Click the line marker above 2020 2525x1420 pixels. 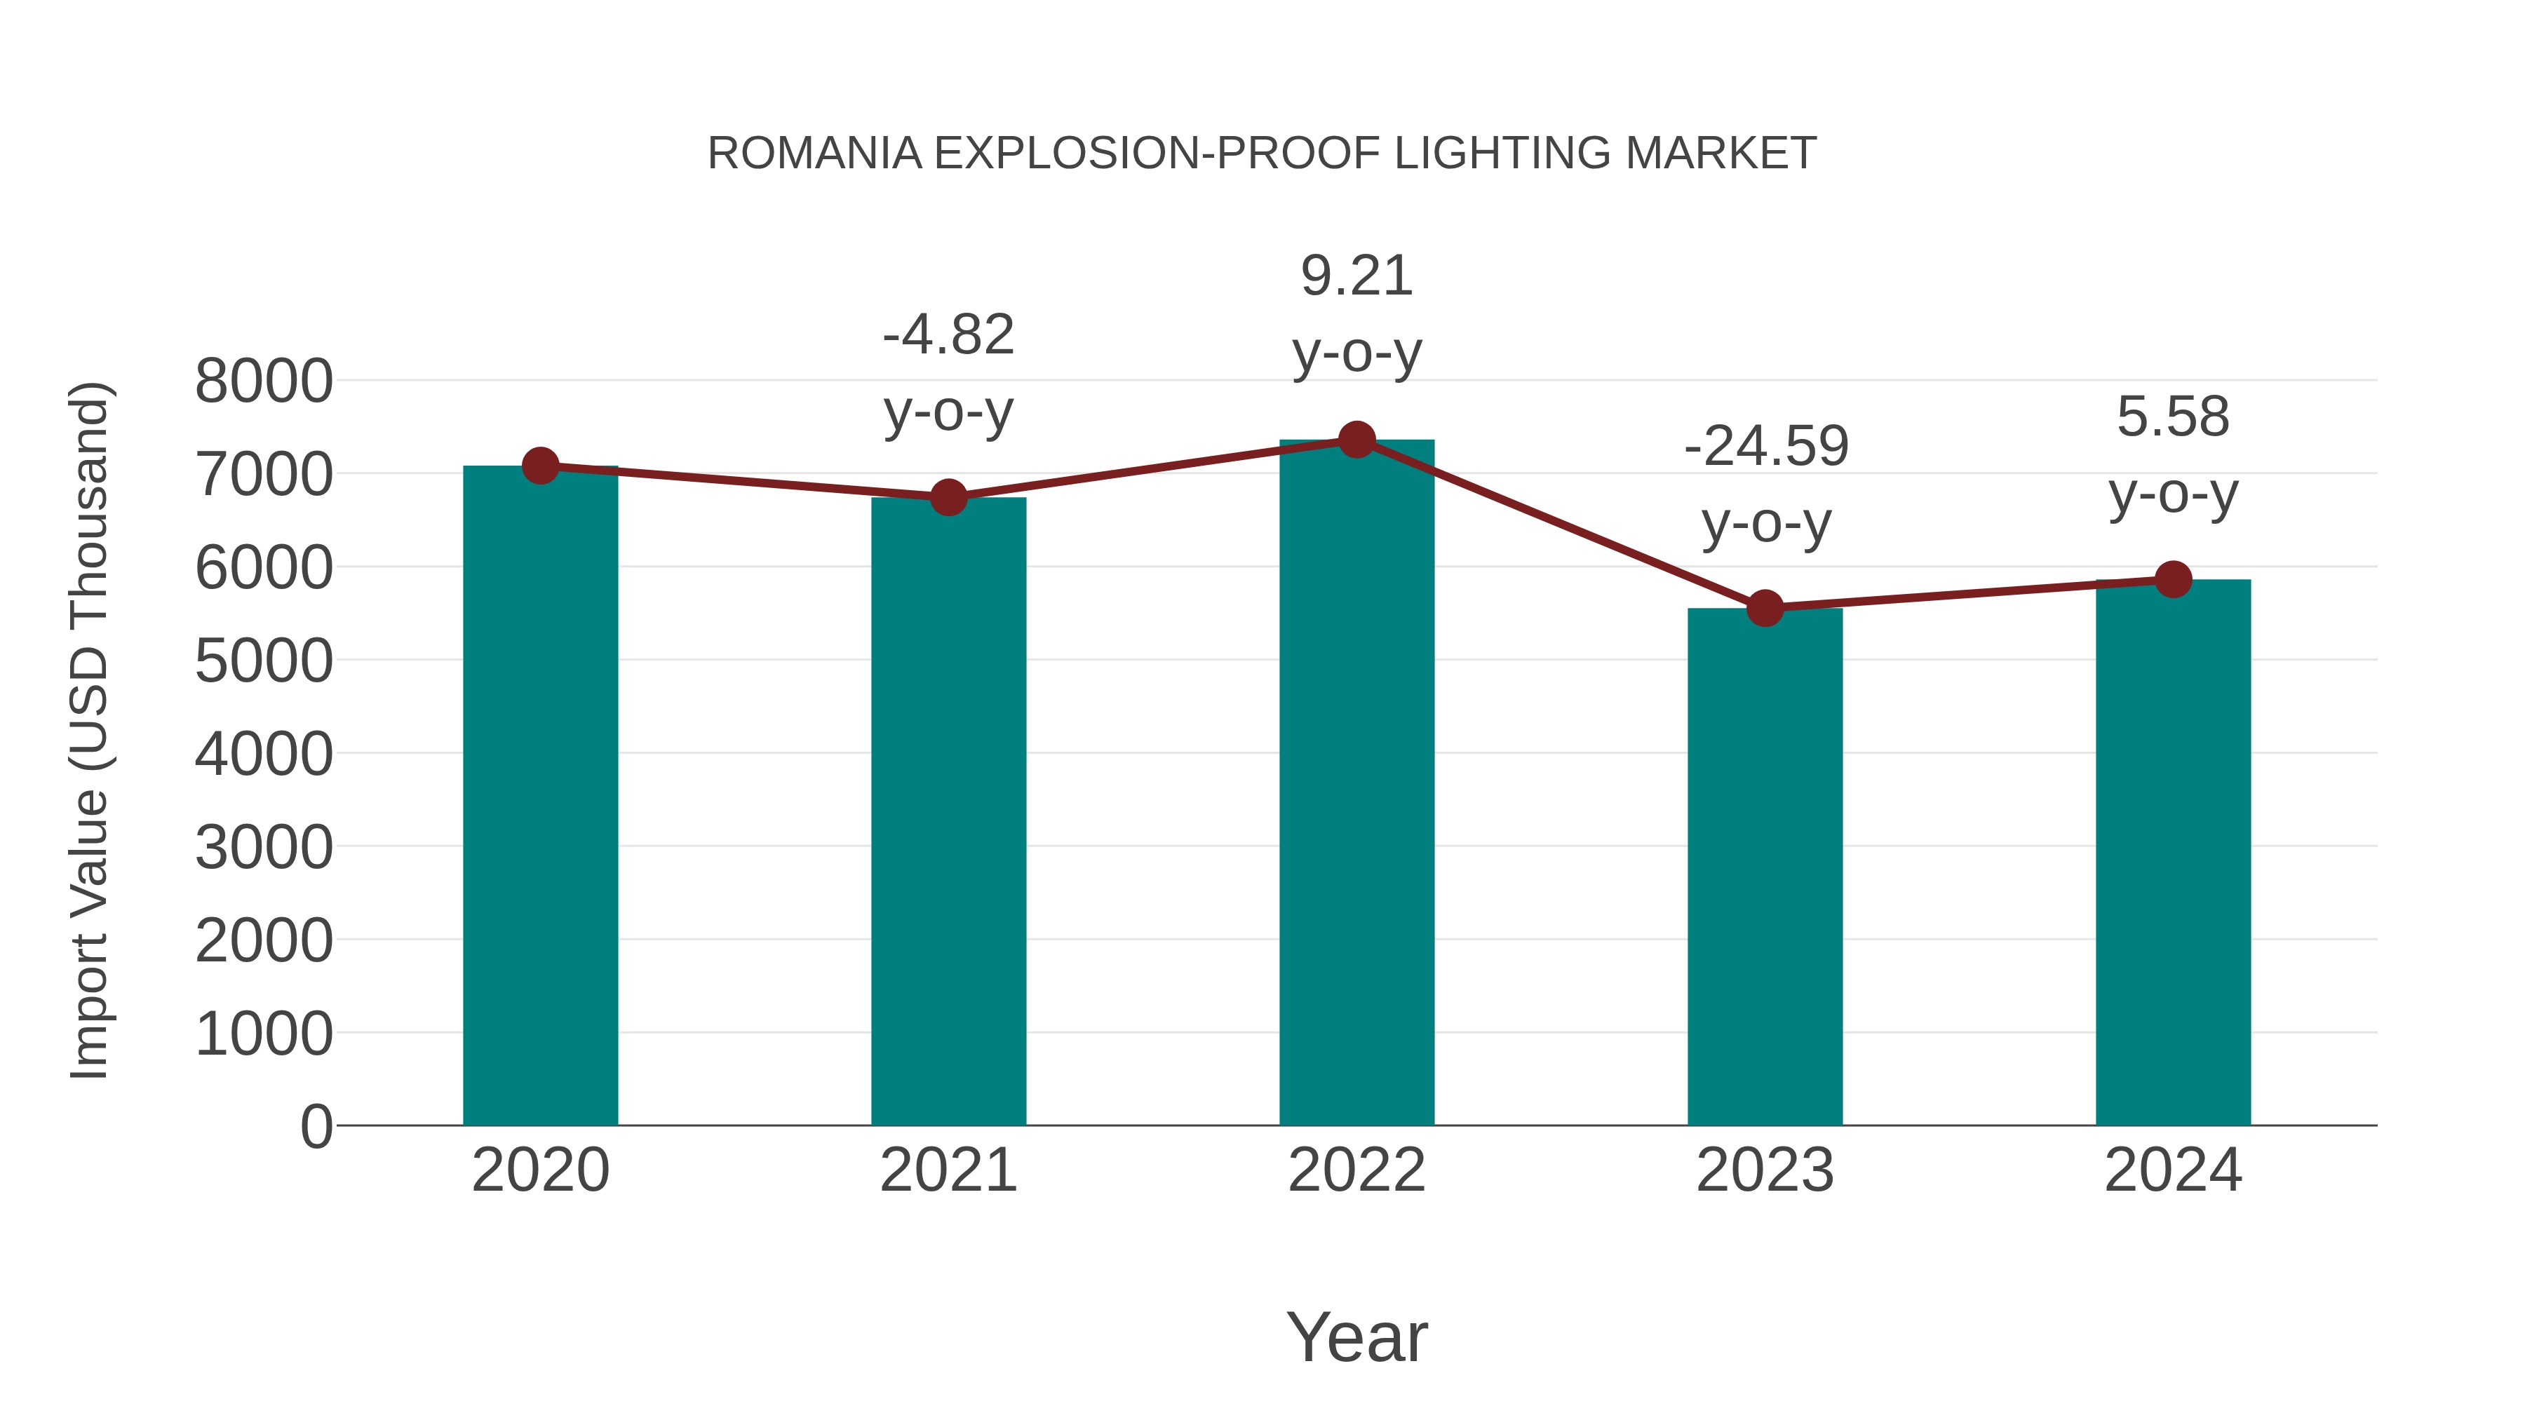click(x=540, y=466)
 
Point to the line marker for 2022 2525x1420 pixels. click(x=1356, y=440)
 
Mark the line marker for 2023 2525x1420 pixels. click(x=1765, y=609)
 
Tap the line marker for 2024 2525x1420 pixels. click(x=2173, y=579)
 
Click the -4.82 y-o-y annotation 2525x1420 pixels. click(x=948, y=372)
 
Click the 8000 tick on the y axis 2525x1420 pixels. click(x=264, y=381)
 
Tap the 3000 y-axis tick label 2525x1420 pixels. click(x=264, y=848)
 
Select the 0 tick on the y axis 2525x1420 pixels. click(x=316, y=1127)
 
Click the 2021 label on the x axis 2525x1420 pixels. click(x=948, y=1170)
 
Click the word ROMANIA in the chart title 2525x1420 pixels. click(x=814, y=154)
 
